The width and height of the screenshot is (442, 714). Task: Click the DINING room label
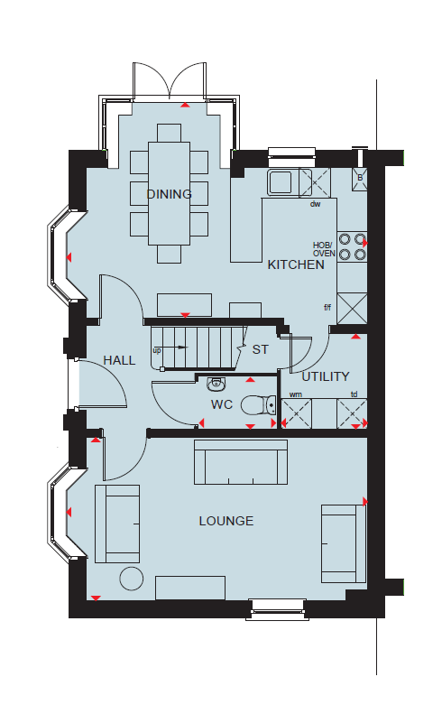(169, 194)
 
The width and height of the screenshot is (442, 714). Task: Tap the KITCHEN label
(296, 264)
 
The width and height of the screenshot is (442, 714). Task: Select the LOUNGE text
(226, 521)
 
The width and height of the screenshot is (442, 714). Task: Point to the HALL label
(119, 360)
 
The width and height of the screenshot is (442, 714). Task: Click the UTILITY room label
(326, 376)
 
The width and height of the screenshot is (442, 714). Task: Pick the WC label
(222, 404)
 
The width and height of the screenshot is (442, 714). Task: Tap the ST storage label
(261, 349)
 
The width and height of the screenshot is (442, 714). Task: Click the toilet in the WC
(258, 405)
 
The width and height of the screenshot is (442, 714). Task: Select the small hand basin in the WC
(216, 385)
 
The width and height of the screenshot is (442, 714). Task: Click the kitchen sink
(280, 182)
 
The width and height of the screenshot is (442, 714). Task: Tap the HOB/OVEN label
(324, 249)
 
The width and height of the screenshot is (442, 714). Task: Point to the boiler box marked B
(360, 179)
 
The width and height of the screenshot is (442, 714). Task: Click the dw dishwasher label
(316, 204)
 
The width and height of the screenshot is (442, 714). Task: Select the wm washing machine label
(296, 394)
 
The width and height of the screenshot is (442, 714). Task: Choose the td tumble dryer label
(355, 394)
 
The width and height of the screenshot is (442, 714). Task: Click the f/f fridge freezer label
(327, 308)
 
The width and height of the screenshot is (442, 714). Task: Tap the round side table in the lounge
(132, 579)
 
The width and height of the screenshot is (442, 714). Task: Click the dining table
(169, 194)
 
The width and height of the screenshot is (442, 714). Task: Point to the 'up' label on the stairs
(157, 351)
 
